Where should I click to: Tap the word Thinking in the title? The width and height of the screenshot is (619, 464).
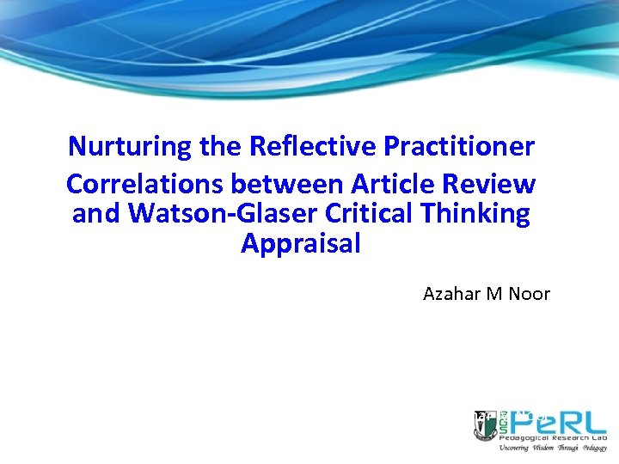[487, 214]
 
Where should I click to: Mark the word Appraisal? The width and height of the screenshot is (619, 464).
[301, 244]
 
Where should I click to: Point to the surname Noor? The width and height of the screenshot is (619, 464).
[530, 294]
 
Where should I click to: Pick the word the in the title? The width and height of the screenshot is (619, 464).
[220, 146]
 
